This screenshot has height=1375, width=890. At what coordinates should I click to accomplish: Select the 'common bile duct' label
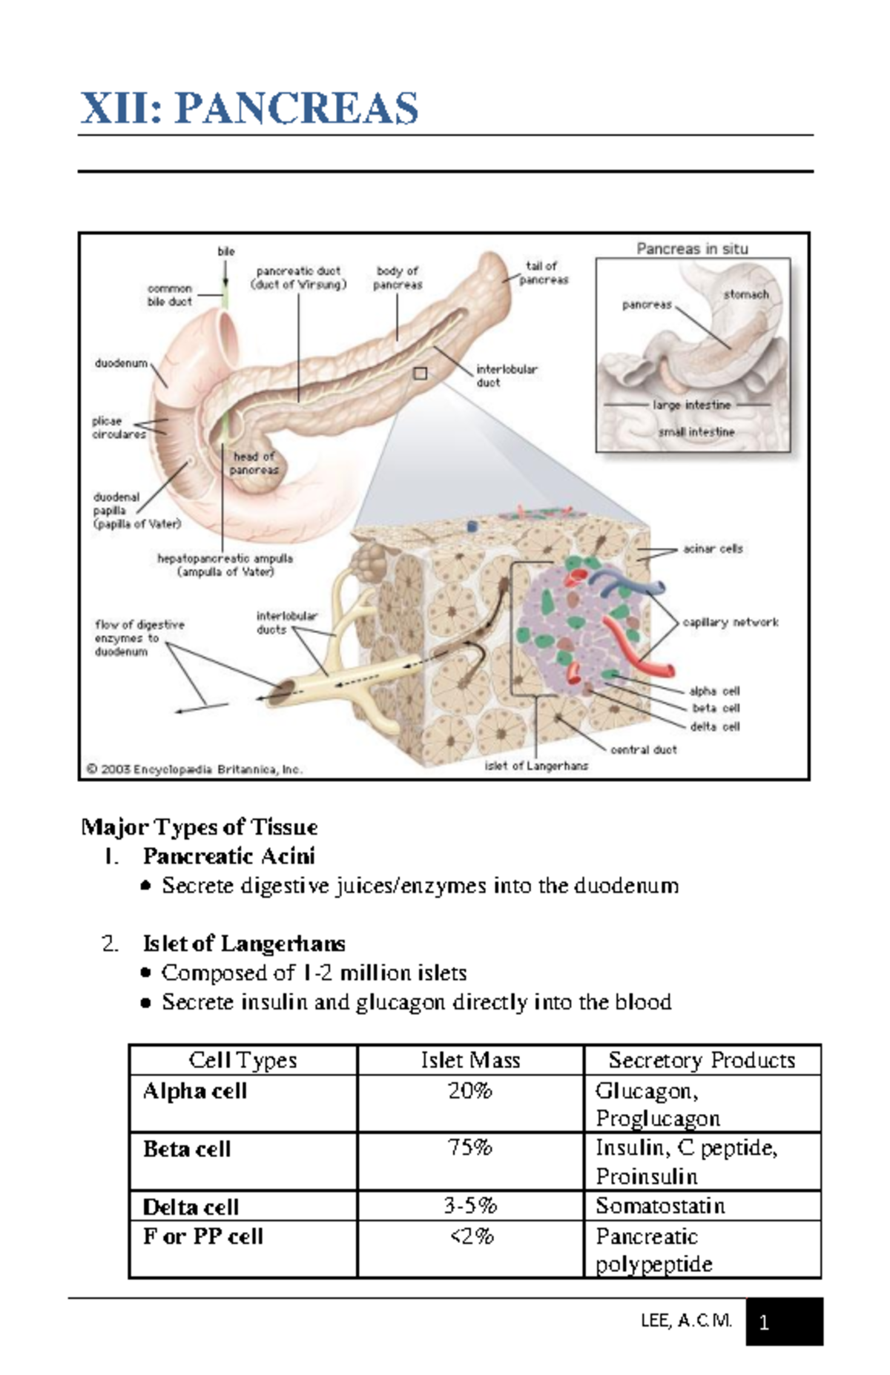(x=169, y=295)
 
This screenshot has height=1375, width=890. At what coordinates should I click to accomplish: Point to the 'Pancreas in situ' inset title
(x=692, y=249)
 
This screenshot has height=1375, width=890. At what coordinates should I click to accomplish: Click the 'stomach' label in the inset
(x=745, y=294)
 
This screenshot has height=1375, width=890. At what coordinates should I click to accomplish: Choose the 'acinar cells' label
(x=712, y=549)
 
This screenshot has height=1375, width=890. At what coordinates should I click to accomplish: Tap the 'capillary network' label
(x=730, y=622)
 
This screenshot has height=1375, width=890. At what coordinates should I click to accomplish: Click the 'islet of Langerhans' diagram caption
(x=536, y=766)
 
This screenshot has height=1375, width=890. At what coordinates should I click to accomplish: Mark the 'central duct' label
(x=643, y=749)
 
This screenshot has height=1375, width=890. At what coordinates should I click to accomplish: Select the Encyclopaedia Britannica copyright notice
(x=194, y=769)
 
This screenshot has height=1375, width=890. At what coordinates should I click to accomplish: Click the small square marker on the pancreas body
(x=420, y=374)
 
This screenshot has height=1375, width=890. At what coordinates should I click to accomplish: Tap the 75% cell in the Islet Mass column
(x=470, y=1148)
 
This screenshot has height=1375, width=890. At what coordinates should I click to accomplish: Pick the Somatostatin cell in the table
(x=660, y=1206)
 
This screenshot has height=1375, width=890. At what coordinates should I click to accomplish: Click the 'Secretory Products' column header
(x=702, y=1060)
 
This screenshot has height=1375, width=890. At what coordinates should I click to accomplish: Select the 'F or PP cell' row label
(x=203, y=1236)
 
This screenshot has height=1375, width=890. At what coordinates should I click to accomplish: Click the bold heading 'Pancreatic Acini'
(x=229, y=856)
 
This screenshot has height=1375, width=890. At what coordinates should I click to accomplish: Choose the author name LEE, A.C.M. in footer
(x=686, y=1321)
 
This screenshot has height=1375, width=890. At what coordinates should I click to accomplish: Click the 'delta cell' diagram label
(x=715, y=726)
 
